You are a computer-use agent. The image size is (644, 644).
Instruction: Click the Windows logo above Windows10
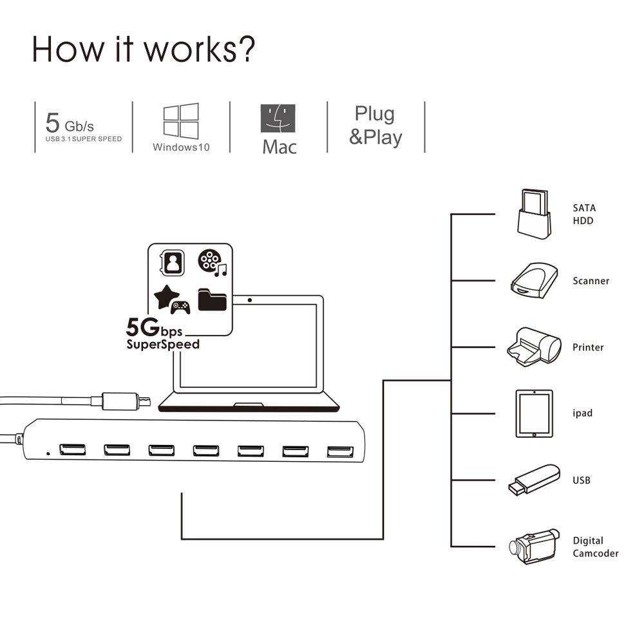[180, 121]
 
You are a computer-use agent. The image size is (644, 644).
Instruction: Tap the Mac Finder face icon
[278, 119]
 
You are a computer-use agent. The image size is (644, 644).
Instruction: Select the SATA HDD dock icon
[535, 214]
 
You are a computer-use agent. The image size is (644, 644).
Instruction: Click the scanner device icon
[534, 280]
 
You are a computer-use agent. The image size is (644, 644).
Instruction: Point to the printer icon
[531, 347]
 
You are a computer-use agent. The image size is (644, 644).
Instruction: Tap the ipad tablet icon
[534, 413]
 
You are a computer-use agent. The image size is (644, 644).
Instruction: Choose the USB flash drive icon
[533, 480]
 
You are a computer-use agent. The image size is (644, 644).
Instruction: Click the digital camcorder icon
[531, 547]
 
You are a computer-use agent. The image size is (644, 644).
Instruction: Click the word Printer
[588, 348]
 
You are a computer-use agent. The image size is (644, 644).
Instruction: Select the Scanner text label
[591, 281]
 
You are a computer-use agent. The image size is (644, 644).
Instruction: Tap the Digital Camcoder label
[595, 547]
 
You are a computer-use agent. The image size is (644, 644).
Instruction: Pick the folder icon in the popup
[212, 299]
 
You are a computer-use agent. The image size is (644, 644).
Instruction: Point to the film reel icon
[208, 260]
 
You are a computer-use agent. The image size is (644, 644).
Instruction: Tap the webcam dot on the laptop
[250, 300]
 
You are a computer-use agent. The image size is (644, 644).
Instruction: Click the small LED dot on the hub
[48, 452]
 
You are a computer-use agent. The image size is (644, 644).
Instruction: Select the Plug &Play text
[375, 126]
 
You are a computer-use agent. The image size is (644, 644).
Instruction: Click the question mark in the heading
[243, 49]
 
